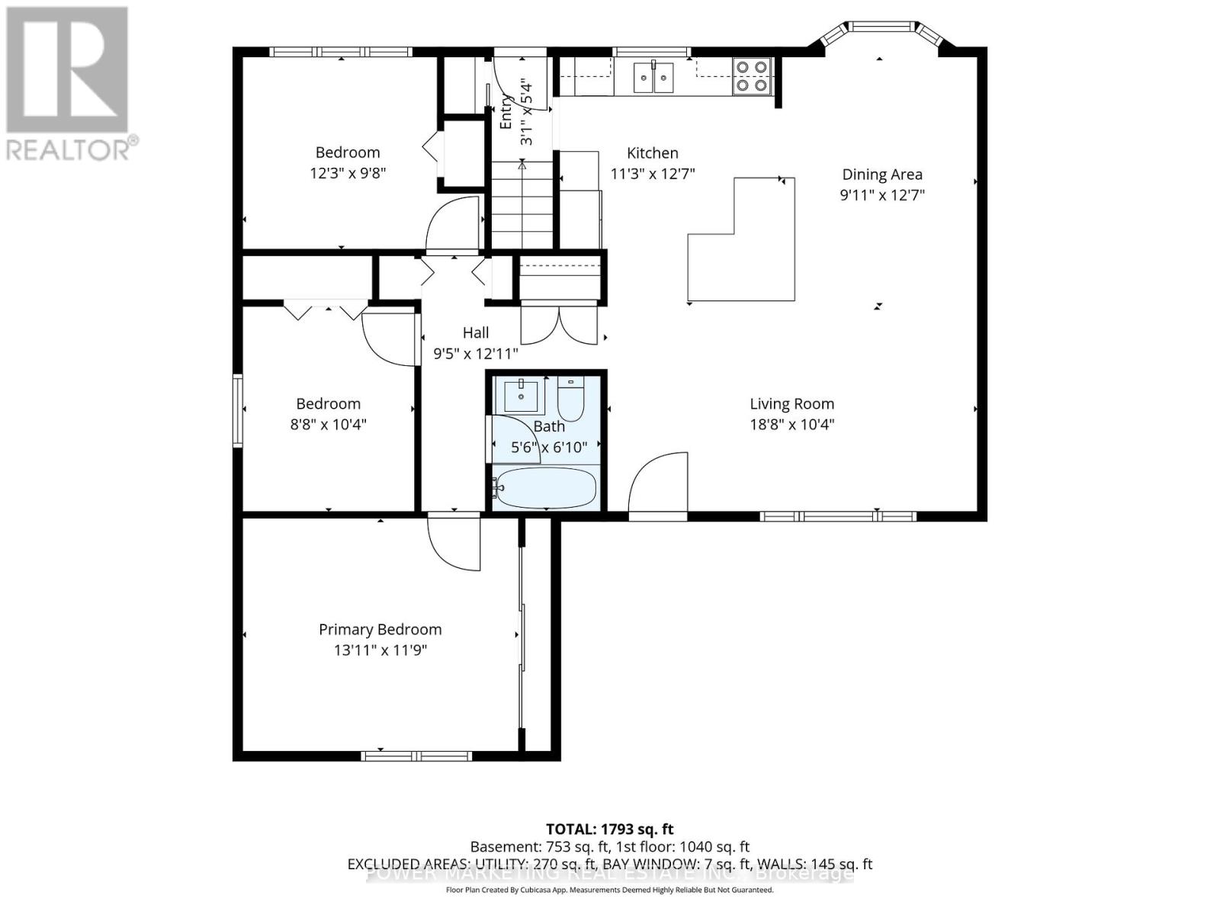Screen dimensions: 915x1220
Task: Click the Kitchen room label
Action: pyautogui.click(x=652, y=153)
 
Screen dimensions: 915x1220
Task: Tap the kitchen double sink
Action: pyautogui.click(x=654, y=78)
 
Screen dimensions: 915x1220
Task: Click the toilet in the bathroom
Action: pyautogui.click(x=570, y=399)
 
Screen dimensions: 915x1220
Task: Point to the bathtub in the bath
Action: pyautogui.click(x=544, y=487)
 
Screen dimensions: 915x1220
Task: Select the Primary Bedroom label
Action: pyautogui.click(x=380, y=630)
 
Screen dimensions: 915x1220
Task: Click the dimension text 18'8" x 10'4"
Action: pyautogui.click(x=791, y=425)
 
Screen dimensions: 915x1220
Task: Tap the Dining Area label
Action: pyautogui.click(x=881, y=175)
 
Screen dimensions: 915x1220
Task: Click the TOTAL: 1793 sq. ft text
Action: pyautogui.click(x=609, y=829)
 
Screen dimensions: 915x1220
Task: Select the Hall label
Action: pyautogui.click(x=476, y=332)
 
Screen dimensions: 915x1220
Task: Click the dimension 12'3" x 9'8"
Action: pyautogui.click(x=348, y=173)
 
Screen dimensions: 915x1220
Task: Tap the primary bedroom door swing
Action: pyautogui.click(x=453, y=543)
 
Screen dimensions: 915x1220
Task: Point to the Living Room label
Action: pyautogui.click(x=791, y=404)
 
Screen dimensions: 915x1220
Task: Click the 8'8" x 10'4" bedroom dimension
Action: pyautogui.click(x=328, y=425)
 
